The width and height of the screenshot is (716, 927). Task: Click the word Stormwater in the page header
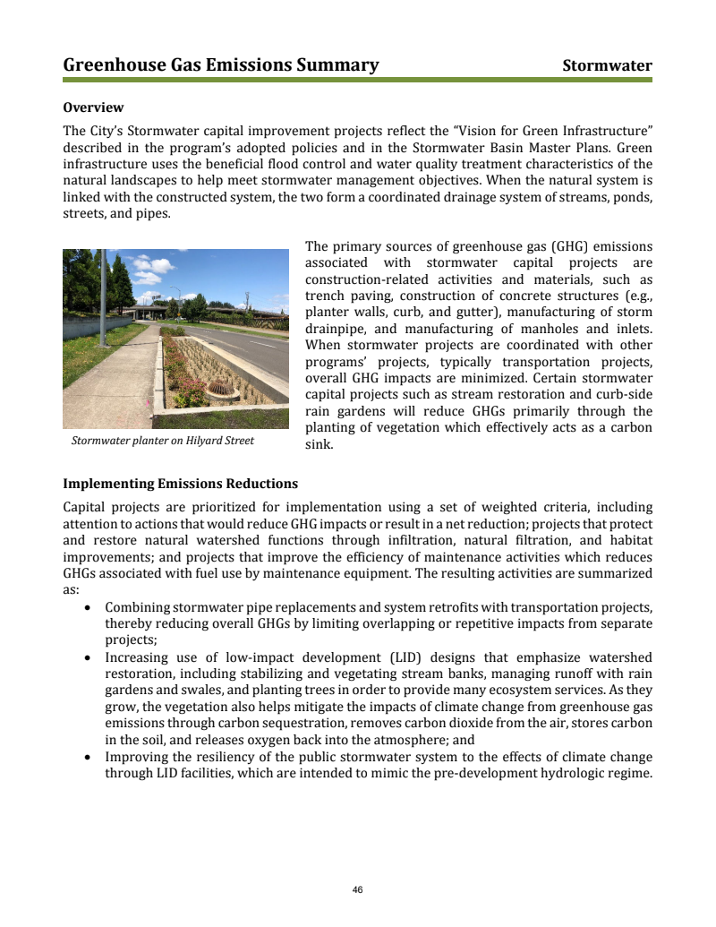[607, 65]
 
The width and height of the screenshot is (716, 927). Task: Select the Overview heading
[93, 107]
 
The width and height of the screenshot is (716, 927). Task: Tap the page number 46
[358, 889]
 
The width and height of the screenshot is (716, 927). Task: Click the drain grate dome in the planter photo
[219, 390]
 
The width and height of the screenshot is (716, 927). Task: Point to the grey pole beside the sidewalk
[103, 296]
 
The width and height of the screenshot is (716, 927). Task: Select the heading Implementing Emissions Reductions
[180, 484]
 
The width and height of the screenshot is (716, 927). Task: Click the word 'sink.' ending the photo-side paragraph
[319, 444]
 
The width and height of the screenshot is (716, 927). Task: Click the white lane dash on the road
[263, 345]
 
